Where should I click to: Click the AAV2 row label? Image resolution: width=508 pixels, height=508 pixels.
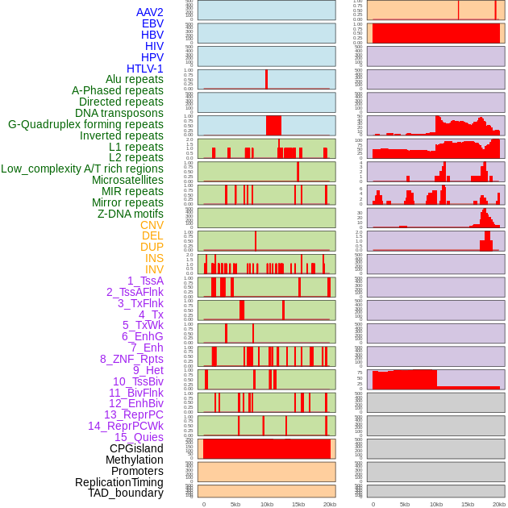[150, 12]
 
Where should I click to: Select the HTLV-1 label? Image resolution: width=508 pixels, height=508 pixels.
[145, 69]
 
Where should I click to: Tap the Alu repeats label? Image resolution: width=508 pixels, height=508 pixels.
[135, 80]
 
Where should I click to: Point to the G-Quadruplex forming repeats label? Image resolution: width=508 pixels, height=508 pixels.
[85, 124]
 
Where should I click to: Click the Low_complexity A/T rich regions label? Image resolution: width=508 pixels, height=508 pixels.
[82, 169]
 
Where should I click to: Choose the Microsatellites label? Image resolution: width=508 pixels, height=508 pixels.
[127, 180]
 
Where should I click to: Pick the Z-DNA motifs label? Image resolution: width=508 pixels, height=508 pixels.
[131, 214]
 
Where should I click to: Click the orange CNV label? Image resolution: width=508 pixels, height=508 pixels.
[152, 225]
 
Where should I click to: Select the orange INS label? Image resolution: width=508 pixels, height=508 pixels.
[153, 258]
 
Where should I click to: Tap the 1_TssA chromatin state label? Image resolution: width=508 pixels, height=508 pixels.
[145, 281]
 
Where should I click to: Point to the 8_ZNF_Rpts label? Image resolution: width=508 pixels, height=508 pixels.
[131, 359]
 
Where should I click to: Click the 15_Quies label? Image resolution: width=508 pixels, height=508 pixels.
[139, 437]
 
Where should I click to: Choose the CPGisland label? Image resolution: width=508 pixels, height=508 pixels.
[136, 448]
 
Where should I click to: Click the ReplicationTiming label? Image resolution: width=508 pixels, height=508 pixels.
[119, 482]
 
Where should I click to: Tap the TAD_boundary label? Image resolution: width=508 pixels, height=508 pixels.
[126, 493]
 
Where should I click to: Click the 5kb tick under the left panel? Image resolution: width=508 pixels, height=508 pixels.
[235, 504]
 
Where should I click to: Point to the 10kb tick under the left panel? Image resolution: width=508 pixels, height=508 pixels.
[267, 504]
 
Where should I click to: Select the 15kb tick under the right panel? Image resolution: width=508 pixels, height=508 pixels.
[468, 504]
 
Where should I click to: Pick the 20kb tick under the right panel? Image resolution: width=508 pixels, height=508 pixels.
[499, 504]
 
